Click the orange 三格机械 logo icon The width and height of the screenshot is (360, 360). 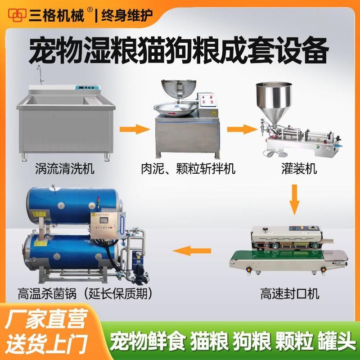17,15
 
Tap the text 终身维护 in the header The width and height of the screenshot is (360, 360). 127,15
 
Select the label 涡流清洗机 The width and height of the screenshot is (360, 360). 65,168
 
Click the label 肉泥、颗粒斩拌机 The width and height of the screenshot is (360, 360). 188,168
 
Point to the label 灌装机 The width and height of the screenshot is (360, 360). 299,168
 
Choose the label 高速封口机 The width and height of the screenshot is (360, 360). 290,293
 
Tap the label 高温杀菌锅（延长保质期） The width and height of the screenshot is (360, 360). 85,293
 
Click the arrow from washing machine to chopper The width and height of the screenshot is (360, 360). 135,129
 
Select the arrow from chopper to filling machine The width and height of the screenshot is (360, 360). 243,129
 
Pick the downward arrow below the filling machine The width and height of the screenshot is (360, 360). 294,199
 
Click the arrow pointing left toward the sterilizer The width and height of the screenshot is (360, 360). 192,251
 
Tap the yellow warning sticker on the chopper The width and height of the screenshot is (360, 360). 213,112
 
